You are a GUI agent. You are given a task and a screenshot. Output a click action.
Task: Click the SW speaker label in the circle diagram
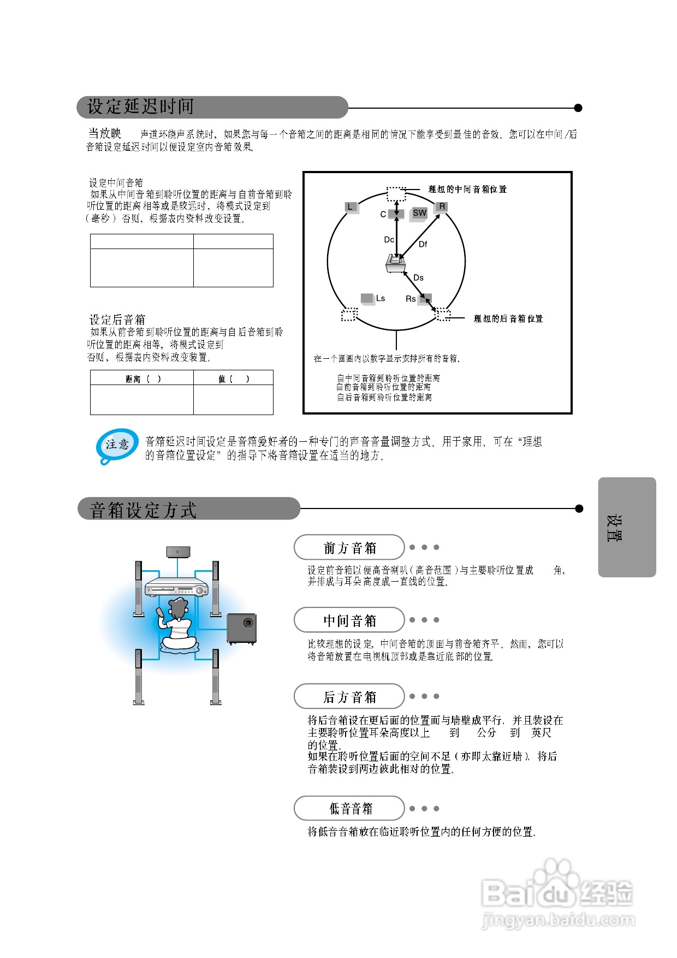point(419,213)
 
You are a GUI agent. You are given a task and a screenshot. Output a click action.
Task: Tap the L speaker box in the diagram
point(351,207)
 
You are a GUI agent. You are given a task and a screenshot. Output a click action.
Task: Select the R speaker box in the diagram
point(442,206)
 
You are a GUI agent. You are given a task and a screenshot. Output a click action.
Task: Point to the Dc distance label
point(389,240)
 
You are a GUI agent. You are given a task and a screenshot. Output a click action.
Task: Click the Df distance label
point(423,244)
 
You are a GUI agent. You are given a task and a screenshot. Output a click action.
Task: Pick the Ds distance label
point(419,277)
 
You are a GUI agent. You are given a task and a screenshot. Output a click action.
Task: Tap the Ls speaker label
point(381,298)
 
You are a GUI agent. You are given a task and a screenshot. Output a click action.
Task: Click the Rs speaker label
point(411,299)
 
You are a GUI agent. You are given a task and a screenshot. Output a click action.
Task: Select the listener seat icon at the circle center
point(395,263)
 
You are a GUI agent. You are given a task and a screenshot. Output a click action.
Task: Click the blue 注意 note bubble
point(117,445)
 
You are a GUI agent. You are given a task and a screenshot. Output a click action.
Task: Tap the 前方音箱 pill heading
point(349,547)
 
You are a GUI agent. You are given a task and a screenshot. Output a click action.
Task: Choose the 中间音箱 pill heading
point(349,620)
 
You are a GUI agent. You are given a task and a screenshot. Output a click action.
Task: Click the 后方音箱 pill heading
point(349,697)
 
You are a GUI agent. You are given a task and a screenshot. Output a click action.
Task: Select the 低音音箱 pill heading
point(349,808)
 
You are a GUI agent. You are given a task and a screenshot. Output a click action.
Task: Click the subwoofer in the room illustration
point(241,628)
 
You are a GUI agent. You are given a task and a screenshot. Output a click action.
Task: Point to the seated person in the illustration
point(177,625)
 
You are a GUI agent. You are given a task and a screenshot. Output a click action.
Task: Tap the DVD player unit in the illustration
point(176,587)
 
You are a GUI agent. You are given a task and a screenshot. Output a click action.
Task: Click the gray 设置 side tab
point(627,527)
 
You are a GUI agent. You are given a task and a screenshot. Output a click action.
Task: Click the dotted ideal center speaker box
point(396,193)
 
